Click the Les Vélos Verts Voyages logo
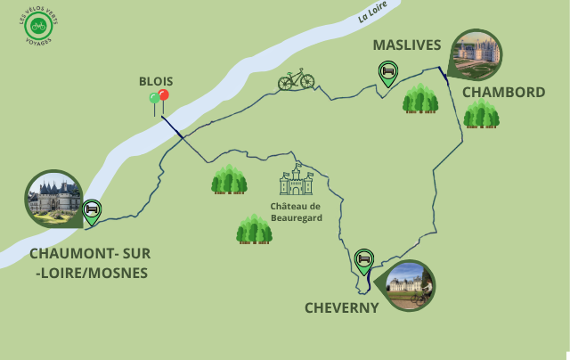point(38,27)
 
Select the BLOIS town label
point(156,80)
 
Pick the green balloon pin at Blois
point(154,98)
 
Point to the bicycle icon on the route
point(296,80)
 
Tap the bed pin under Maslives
point(387,72)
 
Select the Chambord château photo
point(476,54)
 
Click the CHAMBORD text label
point(503,92)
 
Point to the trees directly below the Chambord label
point(481,114)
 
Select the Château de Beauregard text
point(295,211)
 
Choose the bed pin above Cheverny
point(363,259)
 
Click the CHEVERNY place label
point(342,307)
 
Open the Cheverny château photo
point(410,285)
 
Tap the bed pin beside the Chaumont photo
point(91,210)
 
